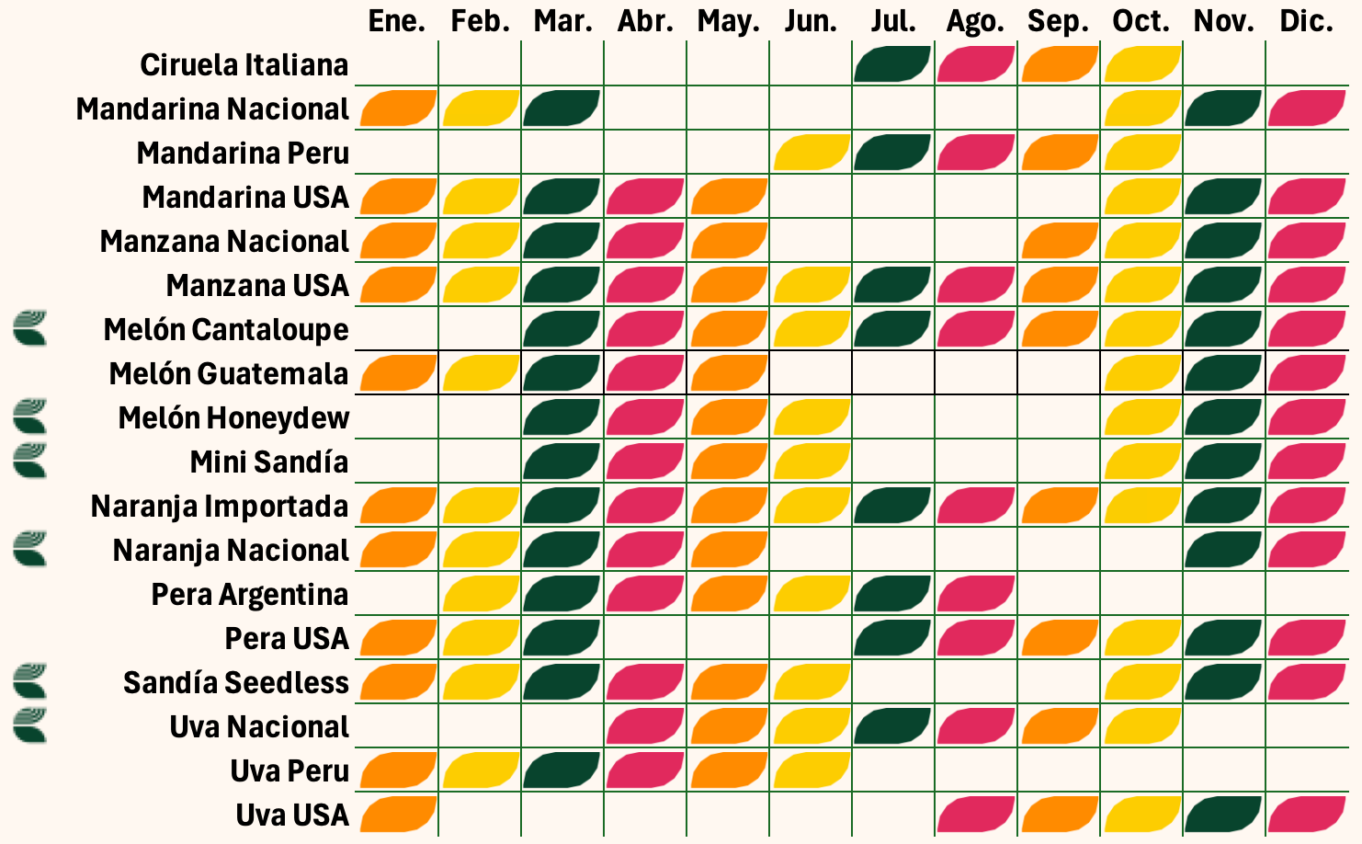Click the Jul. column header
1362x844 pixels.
[893, 20]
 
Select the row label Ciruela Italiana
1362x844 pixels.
[244, 65]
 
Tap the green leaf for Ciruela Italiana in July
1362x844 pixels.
[892, 64]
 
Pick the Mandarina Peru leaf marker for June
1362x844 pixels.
[811, 153]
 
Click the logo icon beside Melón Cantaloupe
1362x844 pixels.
[30, 328]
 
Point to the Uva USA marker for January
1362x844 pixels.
[397, 815]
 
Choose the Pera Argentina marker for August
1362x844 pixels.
[975, 594]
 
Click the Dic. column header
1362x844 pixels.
[1306, 20]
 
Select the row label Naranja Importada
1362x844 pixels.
[220, 507]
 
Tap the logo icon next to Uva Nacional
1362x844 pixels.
[30, 725]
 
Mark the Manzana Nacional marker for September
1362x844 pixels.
[1059, 241]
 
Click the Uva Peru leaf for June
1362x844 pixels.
[811, 770]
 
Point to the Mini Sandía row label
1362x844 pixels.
[269, 462]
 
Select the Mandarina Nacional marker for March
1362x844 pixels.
[562, 108]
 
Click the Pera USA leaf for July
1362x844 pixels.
[892, 638]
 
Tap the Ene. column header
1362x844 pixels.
[397, 20]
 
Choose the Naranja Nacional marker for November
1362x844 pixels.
[1223, 550]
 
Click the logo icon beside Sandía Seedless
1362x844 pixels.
[30, 681]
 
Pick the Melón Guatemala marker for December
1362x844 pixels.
[1306, 373]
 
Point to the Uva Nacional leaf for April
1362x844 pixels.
[644, 726]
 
